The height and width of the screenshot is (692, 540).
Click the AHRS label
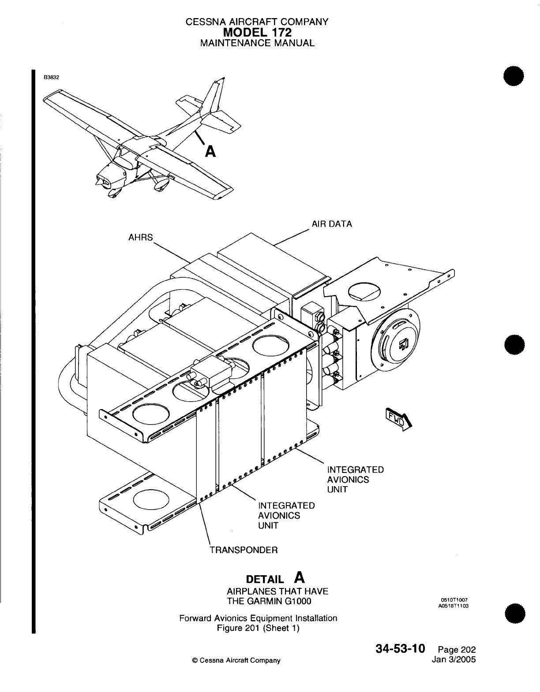point(140,237)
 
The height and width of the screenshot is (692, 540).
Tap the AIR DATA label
point(332,224)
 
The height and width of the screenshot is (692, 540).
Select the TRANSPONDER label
point(244,550)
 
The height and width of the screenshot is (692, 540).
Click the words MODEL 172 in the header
point(258,32)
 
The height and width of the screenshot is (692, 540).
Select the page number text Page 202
point(457,650)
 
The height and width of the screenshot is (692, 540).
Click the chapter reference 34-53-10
point(401,649)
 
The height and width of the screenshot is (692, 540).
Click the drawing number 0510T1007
point(454,600)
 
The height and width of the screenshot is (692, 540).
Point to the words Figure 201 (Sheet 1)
point(259,628)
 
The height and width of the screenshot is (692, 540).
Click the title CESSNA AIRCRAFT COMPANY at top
point(257,22)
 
